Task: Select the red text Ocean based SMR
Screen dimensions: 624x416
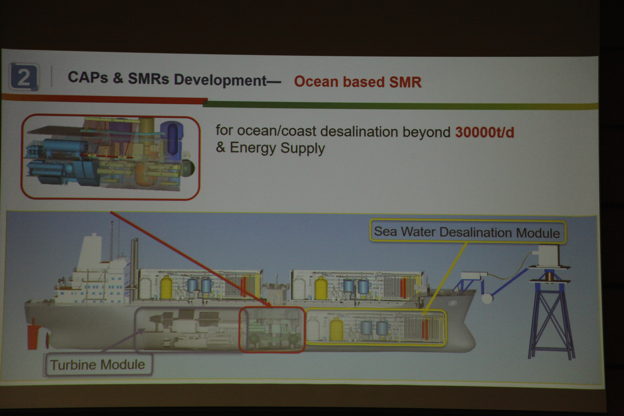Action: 358,82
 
